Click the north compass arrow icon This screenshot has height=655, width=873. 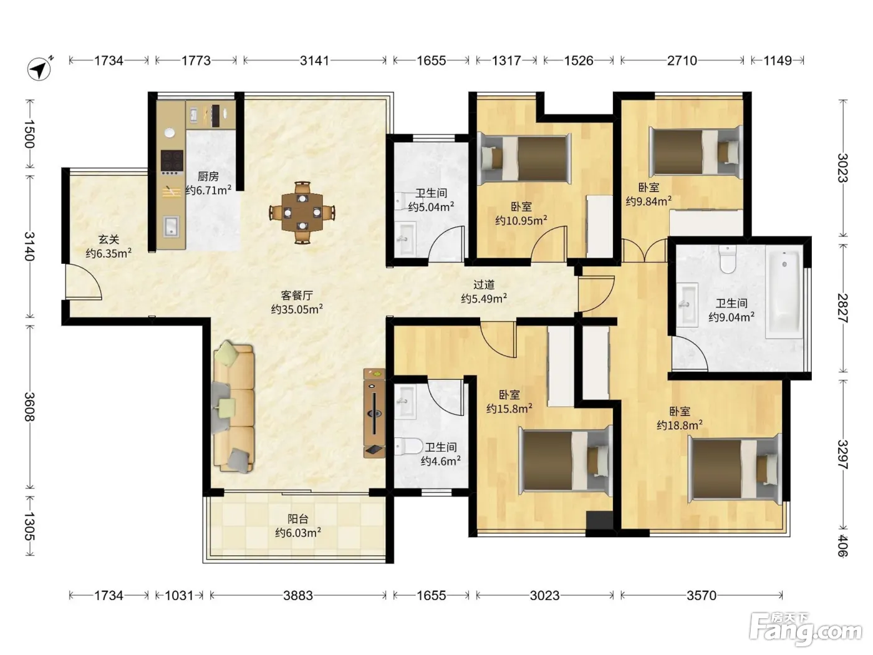point(40,69)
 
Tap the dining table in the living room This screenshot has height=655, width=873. point(302,212)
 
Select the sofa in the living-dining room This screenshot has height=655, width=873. point(233,407)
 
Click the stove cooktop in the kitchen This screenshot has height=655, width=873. point(172,160)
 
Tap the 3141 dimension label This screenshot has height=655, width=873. point(314,61)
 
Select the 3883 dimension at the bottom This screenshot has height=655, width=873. point(298,595)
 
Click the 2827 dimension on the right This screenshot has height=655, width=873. point(842,308)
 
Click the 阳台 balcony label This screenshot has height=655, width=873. point(298,518)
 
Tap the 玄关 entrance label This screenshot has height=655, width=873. point(109,240)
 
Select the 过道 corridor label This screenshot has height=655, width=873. point(484,284)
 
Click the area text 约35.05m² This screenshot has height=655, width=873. point(297,309)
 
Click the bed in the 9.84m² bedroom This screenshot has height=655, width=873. point(696,152)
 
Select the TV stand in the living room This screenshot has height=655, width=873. point(374,413)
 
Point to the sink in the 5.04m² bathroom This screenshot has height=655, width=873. point(406,239)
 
